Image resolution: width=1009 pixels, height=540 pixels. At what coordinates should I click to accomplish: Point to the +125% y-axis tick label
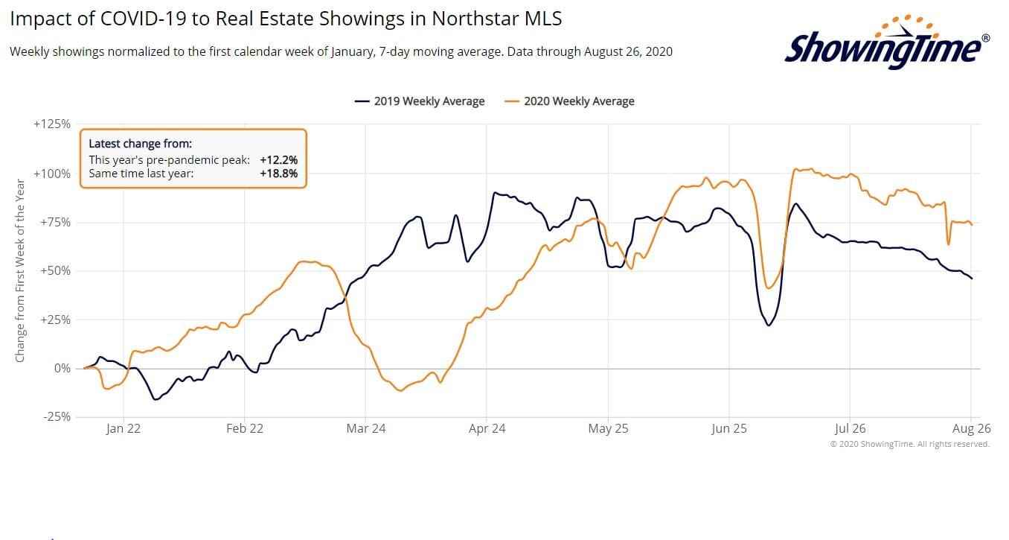(x=52, y=124)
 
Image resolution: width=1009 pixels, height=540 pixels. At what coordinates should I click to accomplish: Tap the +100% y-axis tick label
(x=52, y=174)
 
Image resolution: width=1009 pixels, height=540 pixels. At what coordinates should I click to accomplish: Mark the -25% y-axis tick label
(x=56, y=416)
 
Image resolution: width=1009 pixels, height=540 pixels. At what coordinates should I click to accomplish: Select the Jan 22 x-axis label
(x=123, y=428)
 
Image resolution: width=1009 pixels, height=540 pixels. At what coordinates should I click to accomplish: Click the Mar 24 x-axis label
(x=366, y=428)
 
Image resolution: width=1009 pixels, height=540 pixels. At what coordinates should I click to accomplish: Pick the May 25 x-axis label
(x=609, y=428)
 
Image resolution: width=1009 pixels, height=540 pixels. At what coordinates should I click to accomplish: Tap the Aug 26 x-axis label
(x=972, y=428)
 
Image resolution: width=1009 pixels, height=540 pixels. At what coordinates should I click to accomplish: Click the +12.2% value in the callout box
(x=279, y=160)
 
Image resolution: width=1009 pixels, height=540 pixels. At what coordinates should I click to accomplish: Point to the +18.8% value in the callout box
(x=279, y=174)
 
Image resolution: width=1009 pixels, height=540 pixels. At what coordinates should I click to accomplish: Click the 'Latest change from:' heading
(x=140, y=144)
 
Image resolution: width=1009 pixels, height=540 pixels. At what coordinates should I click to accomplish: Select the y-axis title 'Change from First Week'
(x=20, y=271)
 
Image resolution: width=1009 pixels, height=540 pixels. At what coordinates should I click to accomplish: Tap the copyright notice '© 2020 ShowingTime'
(x=909, y=444)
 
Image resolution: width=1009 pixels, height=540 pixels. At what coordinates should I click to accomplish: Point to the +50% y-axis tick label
(x=54, y=270)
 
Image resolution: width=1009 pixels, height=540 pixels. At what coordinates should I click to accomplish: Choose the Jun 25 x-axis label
(x=729, y=428)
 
